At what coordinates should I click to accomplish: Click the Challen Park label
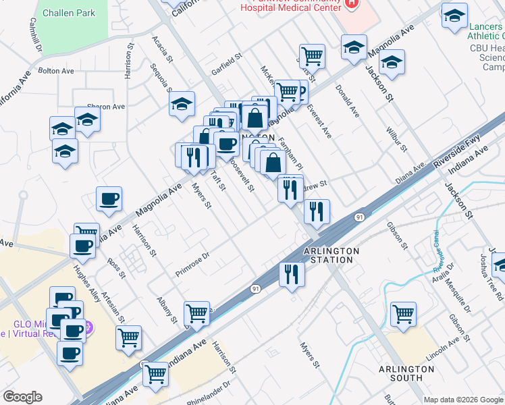tap(68, 13)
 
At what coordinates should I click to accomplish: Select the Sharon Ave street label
tap(106, 107)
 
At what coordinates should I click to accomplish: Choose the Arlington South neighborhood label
tap(406, 373)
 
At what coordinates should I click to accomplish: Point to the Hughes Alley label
tap(86, 279)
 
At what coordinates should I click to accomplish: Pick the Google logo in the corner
tap(22, 397)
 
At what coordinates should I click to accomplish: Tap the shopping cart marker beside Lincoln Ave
tap(403, 313)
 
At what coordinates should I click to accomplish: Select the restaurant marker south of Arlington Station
tap(292, 274)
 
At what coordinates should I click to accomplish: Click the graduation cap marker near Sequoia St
tap(182, 104)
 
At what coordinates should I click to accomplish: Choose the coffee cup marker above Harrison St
tap(109, 199)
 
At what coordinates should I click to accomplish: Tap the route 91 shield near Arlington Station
tap(358, 217)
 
